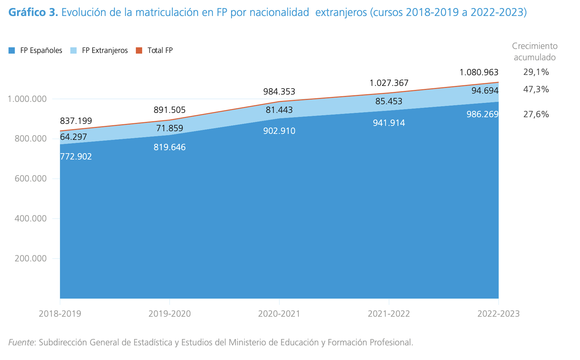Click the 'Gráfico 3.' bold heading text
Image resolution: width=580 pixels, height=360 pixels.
point(33,12)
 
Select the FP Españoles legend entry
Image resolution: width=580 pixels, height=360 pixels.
point(36,51)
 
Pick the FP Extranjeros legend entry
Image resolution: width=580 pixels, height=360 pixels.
point(99,51)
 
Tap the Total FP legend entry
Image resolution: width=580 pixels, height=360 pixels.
point(154,51)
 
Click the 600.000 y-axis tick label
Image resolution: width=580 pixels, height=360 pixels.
point(31,179)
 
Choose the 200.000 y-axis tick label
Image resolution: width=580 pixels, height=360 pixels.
point(31,259)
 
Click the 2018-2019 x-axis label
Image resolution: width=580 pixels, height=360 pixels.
point(60,314)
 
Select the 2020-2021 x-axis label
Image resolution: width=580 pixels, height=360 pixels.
point(279,314)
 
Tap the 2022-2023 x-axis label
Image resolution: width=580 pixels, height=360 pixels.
point(498,314)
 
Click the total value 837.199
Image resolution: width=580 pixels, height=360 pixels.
point(76,121)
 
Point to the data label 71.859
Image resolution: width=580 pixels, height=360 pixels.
point(169,128)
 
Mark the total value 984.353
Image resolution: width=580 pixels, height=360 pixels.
point(279,92)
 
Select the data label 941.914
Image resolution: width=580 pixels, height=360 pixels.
point(389,123)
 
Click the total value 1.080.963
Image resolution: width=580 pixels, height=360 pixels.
point(479,72)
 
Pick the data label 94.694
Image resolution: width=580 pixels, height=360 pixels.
point(485,91)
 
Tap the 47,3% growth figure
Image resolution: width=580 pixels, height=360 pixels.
point(536,89)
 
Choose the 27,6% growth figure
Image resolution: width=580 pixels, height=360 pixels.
point(536,114)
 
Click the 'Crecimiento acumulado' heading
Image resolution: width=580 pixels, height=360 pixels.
point(535,52)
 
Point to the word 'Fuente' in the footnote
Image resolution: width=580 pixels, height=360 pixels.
point(21,342)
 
